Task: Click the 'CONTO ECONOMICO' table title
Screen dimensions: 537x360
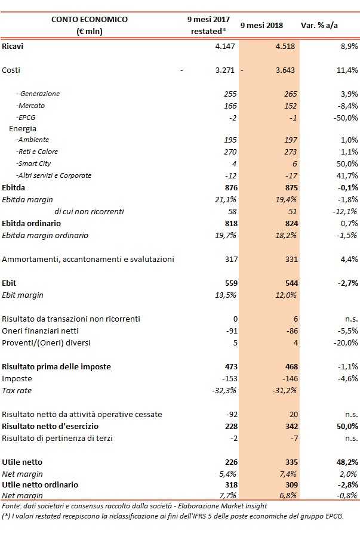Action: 90,19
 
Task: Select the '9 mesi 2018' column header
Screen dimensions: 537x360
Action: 261,26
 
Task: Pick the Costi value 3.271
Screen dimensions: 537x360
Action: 225,70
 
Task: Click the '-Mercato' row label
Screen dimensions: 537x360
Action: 31,106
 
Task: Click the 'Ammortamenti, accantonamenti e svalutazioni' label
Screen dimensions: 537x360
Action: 88,259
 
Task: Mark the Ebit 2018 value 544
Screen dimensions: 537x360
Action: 290,283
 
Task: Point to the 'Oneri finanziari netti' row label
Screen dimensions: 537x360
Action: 41,331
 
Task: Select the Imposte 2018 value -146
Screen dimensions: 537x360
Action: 288,378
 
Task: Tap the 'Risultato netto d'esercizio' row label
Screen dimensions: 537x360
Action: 51,426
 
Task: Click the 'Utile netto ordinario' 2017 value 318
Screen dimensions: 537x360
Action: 230,484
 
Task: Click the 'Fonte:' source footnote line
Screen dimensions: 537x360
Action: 134,505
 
